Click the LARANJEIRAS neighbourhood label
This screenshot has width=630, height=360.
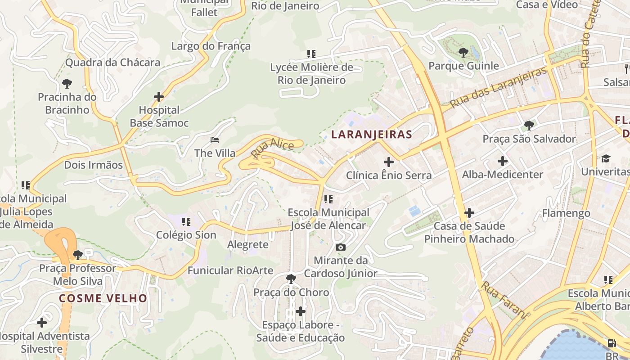tap(372, 134)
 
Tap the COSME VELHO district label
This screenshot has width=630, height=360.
tap(103, 298)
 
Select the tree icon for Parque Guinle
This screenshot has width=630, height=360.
tap(463, 53)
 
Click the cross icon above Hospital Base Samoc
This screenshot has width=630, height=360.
tap(159, 97)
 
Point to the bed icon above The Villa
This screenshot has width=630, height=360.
tap(215, 140)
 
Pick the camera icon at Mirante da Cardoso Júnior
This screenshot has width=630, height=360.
tap(341, 247)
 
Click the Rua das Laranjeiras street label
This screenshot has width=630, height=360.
tap(498, 87)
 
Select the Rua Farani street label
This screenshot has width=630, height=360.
tap(503, 300)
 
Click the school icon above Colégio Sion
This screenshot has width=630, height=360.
tap(186, 221)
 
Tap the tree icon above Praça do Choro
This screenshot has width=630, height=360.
tap(291, 279)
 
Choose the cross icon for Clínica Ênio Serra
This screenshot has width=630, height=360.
tap(389, 162)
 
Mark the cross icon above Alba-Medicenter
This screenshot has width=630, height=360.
tap(503, 161)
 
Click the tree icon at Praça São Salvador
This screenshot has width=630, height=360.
tap(529, 126)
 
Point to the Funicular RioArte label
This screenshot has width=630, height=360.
tap(230, 270)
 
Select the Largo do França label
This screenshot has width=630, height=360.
tap(211, 46)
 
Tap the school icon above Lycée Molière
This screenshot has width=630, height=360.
tap(311, 54)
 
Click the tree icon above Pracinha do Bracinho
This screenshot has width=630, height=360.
tap(67, 83)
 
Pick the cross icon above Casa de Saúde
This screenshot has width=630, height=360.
tap(469, 212)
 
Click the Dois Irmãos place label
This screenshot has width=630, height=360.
tap(93, 165)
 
